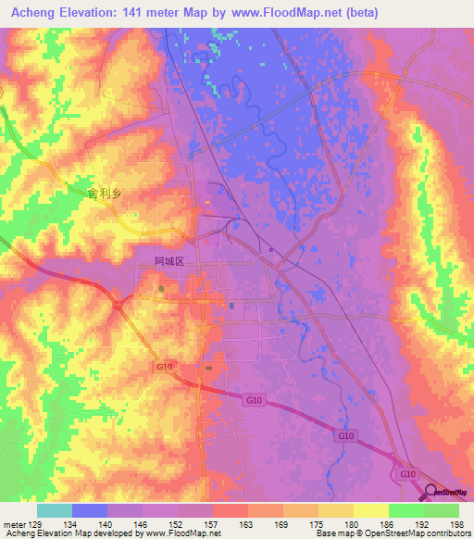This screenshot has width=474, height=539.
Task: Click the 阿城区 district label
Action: [x=169, y=262]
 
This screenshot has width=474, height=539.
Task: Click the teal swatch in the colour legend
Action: [x=55, y=510]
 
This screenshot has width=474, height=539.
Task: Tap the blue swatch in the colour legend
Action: [x=90, y=510]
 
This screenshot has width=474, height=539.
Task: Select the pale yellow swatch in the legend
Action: [x=370, y=510]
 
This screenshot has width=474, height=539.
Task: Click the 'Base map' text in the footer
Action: [x=334, y=533]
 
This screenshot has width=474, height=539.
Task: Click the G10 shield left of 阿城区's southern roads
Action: [x=165, y=368]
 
